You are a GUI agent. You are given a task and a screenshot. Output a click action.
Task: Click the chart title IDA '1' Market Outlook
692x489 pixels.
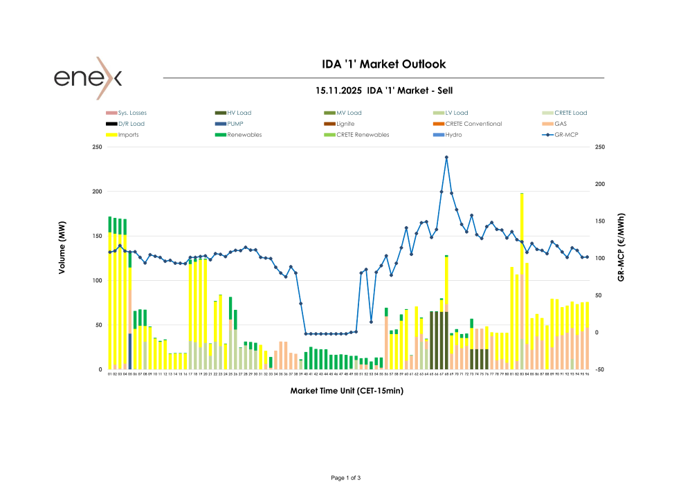coord(384,64)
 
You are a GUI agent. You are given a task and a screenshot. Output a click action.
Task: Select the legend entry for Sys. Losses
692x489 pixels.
coord(132,113)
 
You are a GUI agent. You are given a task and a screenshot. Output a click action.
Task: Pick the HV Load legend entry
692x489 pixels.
coord(239,113)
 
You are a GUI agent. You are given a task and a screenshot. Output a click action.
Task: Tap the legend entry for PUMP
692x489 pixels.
coord(235,124)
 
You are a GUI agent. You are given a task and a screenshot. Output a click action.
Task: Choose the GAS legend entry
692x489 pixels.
coord(561,124)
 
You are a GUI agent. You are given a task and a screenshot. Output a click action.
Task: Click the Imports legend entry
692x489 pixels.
coord(128,135)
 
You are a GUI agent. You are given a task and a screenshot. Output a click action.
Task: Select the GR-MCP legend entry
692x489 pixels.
coord(565,135)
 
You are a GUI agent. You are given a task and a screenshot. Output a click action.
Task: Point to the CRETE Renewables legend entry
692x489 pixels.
coord(363,135)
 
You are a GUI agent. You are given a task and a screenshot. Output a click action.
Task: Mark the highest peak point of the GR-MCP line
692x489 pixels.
coord(446,157)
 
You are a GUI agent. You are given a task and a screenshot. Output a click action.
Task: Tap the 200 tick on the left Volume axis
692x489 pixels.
coord(97,192)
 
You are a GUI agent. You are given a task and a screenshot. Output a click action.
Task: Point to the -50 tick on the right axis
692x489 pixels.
coord(600,370)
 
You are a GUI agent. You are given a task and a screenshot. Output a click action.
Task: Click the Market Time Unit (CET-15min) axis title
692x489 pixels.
coord(347,391)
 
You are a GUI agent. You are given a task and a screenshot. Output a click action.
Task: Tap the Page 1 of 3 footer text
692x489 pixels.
coord(346,478)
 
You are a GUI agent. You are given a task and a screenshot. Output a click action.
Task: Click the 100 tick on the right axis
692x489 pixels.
coord(600,258)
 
